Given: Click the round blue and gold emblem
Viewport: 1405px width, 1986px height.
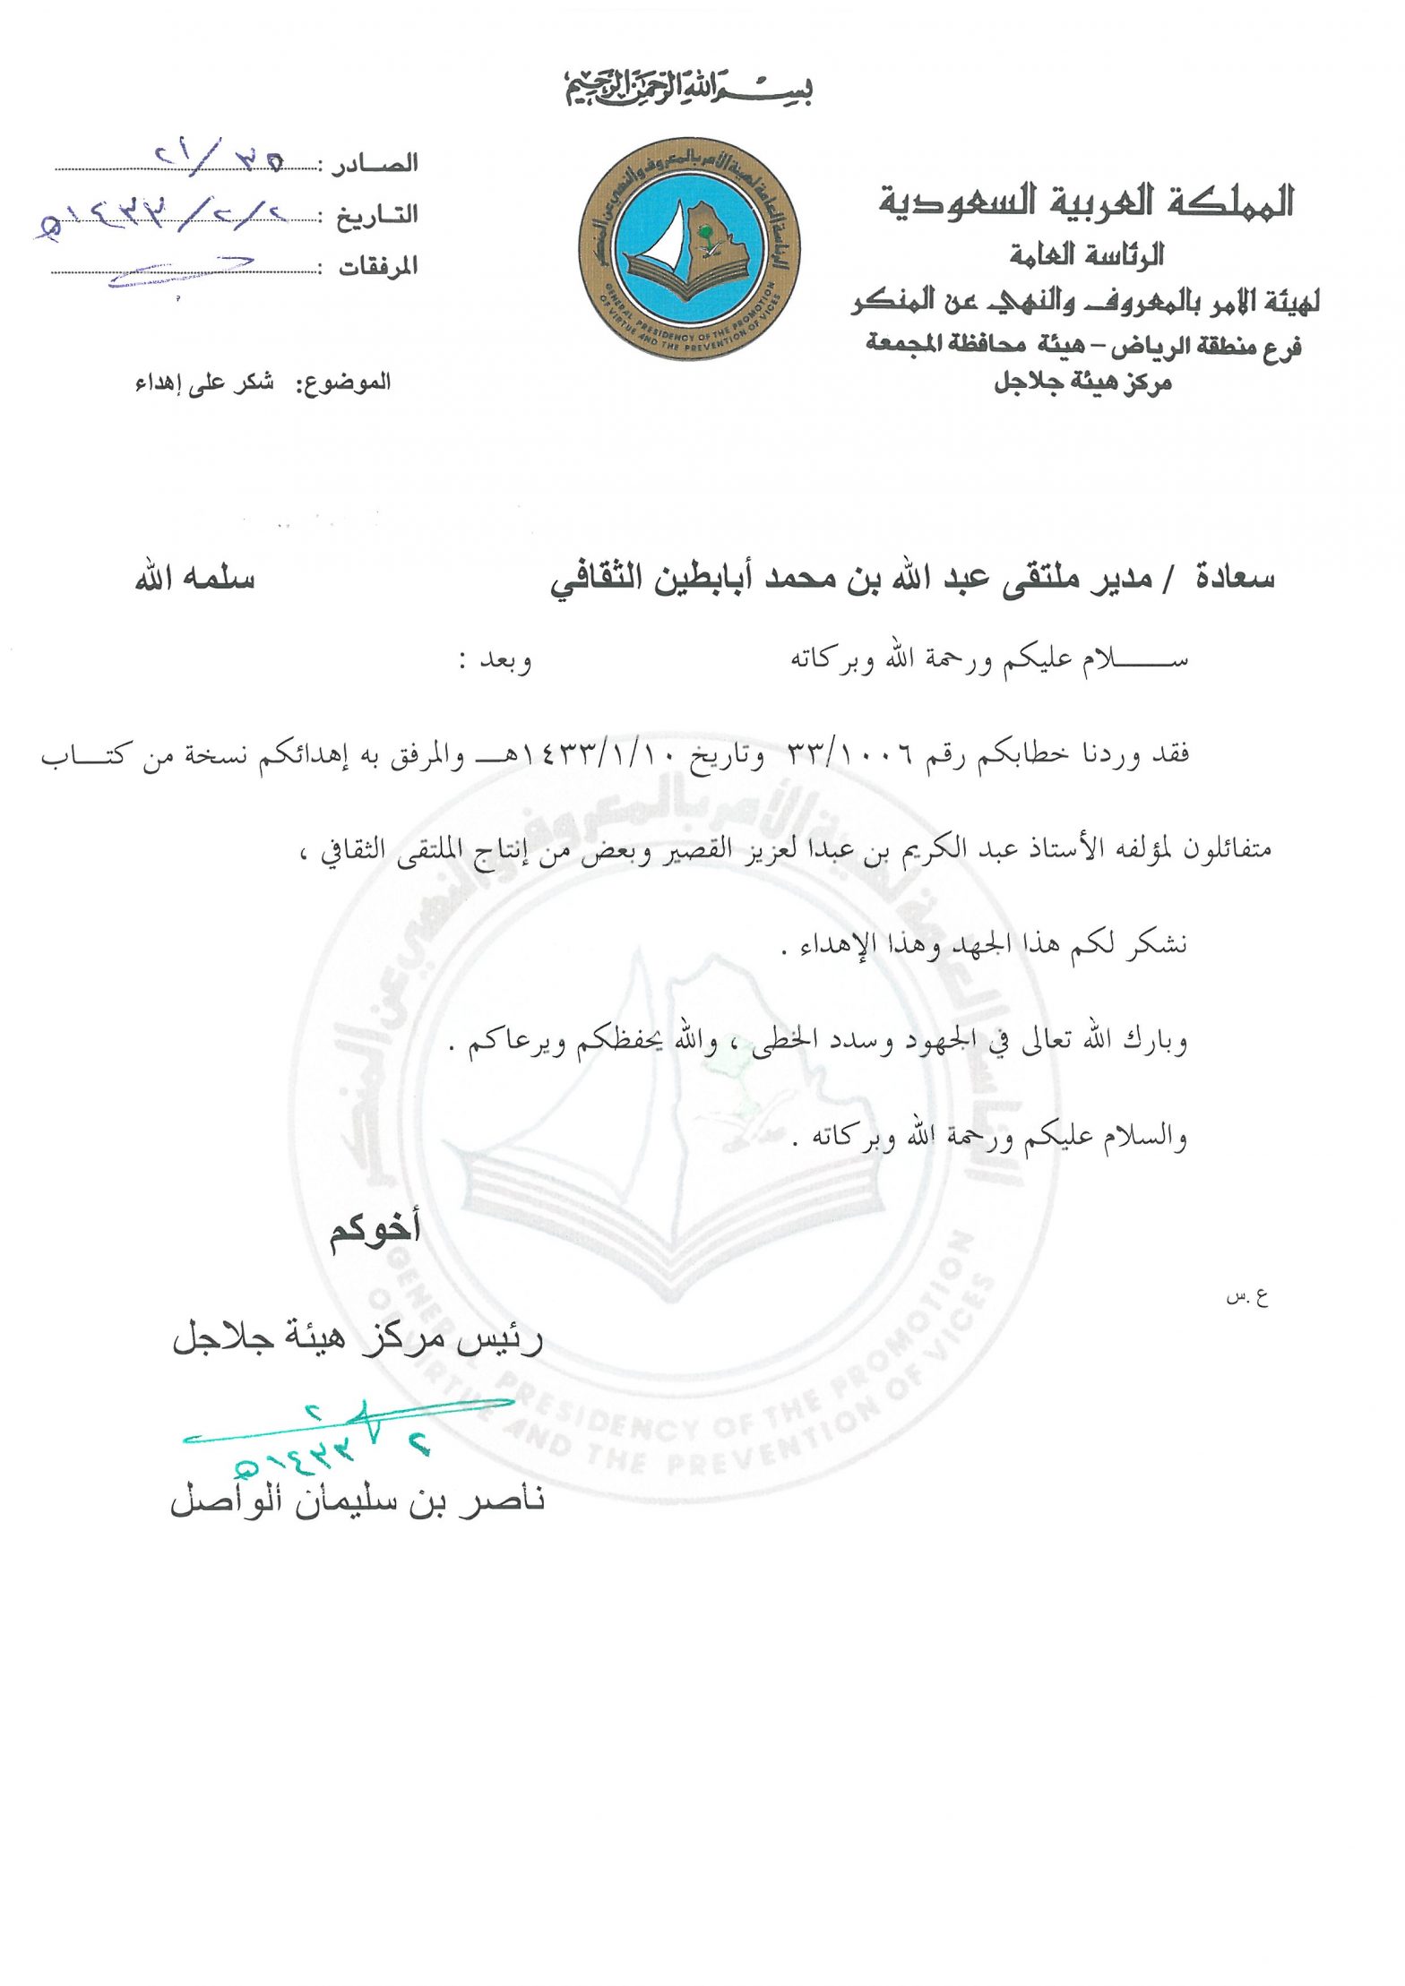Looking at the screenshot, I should coord(688,248).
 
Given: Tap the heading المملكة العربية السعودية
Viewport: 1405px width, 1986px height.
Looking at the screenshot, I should coord(1086,202).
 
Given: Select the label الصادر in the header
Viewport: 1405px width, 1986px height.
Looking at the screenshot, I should coord(375,164).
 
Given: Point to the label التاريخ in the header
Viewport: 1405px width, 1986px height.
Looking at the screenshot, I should coord(377,215).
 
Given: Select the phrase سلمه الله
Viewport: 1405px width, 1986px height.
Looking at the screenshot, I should coord(195,579).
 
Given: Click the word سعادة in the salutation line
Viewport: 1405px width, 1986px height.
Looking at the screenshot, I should coord(1235,579).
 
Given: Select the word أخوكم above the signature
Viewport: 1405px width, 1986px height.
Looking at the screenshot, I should coord(375,1230).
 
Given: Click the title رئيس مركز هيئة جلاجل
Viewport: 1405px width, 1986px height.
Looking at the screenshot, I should coord(358,1338).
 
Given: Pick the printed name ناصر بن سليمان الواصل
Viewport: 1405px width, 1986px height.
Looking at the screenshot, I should coord(358,1500).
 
